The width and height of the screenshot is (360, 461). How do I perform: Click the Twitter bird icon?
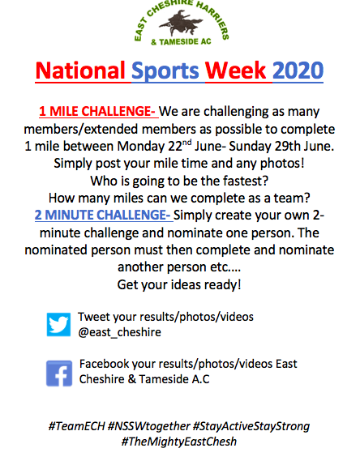(58, 324)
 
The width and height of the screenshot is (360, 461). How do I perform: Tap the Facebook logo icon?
(59, 373)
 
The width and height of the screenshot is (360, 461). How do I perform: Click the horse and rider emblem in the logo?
(182, 23)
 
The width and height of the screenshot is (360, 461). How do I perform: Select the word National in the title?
(80, 70)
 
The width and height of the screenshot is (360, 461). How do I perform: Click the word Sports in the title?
(165, 71)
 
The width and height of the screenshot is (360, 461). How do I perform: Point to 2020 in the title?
(298, 70)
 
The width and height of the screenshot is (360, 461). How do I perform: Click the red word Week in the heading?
(236, 70)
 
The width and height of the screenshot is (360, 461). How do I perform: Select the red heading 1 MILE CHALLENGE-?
(97, 112)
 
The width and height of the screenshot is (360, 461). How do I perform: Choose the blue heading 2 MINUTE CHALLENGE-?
(103, 215)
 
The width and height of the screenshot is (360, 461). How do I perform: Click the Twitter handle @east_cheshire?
(120, 332)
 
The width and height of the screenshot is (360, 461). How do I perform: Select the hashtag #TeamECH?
(76, 426)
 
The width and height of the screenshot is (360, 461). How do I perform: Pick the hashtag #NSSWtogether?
(149, 426)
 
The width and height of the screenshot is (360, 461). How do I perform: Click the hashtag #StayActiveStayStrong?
(251, 427)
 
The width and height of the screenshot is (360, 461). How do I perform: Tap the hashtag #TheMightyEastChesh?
(179, 442)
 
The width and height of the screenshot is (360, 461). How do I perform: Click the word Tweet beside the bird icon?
(94, 317)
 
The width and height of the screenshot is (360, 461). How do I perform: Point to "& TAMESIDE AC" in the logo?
(181, 42)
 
